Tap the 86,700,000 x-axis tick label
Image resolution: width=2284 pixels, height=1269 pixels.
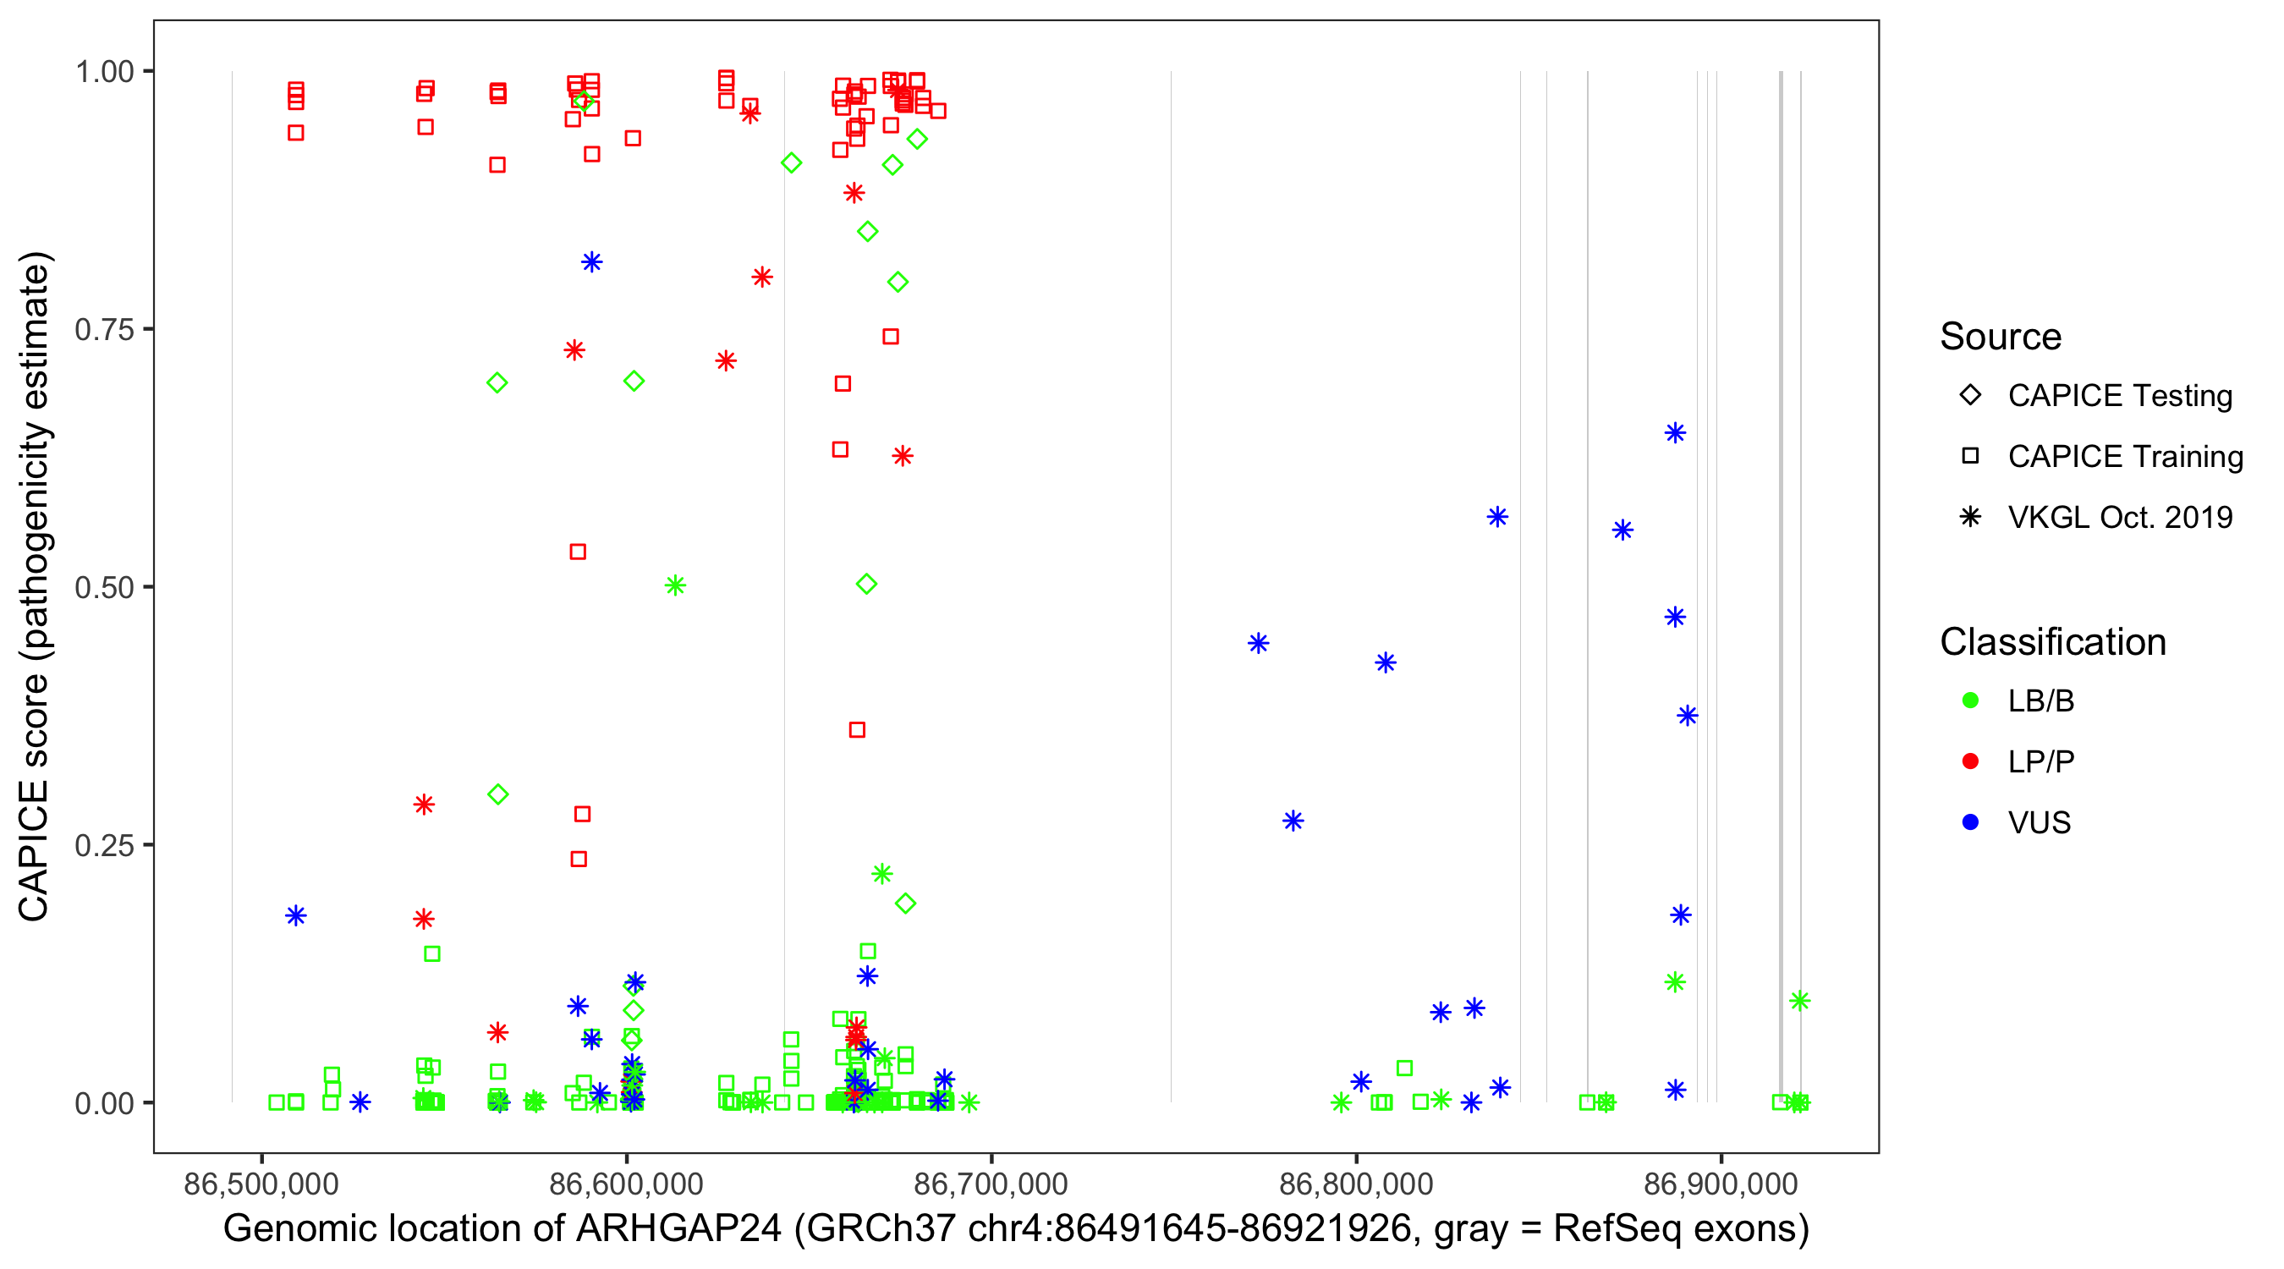pyautogui.click(x=991, y=1184)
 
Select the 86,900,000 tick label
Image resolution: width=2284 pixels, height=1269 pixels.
pyautogui.click(x=1721, y=1184)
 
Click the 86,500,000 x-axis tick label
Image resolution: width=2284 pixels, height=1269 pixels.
pyautogui.click(x=261, y=1184)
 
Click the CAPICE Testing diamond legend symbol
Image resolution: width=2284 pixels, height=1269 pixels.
pyautogui.click(x=1970, y=396)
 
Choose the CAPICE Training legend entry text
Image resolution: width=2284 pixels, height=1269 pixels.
pyautogui.click(x=2124, y=457)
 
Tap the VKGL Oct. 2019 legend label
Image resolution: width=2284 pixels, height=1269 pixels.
pyautogui.click(x=2119, y=517)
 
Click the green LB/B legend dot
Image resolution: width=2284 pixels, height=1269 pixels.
pyautogui.click(x=1970, y=700)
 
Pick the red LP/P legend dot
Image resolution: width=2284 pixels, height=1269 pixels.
pyautogui.click(x=1970, y=761)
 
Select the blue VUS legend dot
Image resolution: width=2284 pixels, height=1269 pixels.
pyautogui.click(x=1970, y=822)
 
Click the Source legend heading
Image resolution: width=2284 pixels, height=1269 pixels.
pyautogui.click(x=2001, y=337)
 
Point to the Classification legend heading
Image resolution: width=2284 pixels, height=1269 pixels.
pyautogui.click(x=2052, y=642)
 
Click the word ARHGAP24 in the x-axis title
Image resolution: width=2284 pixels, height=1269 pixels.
pyautogui.click(x=678, y=1229)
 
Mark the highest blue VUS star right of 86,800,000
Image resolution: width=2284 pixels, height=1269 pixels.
pyautogui.click(x=1674, y=433)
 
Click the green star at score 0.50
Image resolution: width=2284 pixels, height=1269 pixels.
pyautogui.click(x=675, y=585)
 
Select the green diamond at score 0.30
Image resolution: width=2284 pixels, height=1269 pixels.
pyautogui.click(x=497, y=794)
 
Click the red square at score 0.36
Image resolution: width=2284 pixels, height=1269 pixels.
pyautogui.click(x=856, y=730)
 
